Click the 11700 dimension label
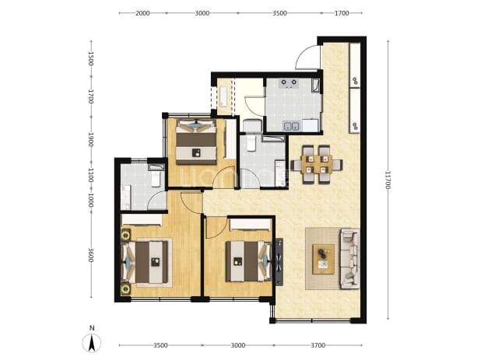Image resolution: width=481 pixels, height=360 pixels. [x=388, y=180]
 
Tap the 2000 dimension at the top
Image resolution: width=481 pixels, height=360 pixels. [x=142, y=13]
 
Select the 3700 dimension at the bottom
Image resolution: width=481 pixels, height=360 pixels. [x=318, y=345]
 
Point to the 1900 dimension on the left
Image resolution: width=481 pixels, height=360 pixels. [x=91, y=139]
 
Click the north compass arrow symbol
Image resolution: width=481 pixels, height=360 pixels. [x=91, y=343]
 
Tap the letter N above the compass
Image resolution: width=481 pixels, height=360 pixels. [x=92, y=328]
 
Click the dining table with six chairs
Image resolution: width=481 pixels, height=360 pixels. [x=316, y=164]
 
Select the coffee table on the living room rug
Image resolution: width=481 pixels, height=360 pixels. [x=324, y=259]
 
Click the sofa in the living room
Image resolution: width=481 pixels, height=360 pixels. [x=349, y=259]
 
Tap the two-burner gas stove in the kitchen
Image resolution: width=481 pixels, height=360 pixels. [x=289, y=83]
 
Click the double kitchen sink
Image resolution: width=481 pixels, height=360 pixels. [x=291, y=126]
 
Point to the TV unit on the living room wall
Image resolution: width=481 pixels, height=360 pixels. [x=279, y=262]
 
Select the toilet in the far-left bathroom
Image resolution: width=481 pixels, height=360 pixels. [x=156, y=178]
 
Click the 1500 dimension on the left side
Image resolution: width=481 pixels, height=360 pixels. [x=91, y=58]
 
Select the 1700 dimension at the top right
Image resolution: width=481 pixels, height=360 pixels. [x=342, y=13]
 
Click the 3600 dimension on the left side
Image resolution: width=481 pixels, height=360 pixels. [x=91, y=255]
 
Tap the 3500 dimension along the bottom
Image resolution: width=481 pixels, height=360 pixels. [x=160, y=345]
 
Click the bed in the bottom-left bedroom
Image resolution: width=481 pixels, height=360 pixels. [x=146, y=262]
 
